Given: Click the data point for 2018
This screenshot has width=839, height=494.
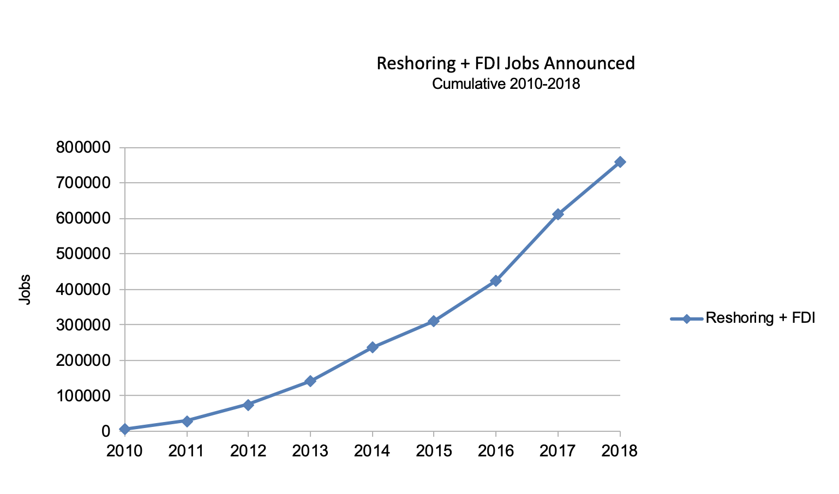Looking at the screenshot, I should click(620, 162).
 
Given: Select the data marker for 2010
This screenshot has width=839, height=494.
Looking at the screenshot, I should click(125, 429).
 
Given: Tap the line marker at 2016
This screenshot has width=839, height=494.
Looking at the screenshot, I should click(496, 281).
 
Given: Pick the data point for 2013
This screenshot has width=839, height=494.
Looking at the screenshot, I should click(310, 381).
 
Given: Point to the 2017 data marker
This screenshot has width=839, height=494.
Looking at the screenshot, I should click(558, 214).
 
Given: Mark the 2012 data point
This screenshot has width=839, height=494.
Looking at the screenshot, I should click(248, 405).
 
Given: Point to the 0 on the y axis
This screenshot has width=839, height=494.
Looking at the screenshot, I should click(106, 431).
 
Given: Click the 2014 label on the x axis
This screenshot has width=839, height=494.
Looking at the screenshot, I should click(372, 451).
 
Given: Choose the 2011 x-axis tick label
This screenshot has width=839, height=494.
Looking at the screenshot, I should click(187, 451).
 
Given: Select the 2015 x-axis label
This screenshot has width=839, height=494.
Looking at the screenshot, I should click(434, 451).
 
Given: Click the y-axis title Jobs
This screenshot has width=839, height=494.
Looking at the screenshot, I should click(25, 289).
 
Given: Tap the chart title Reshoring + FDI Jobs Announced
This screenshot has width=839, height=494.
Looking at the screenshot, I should click(506, 63).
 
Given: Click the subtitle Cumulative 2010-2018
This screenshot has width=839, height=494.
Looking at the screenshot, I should click(506, 84).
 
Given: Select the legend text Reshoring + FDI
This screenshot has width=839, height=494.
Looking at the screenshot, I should click(760, 318).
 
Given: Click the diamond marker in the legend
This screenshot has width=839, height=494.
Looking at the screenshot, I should click(687, 318).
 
